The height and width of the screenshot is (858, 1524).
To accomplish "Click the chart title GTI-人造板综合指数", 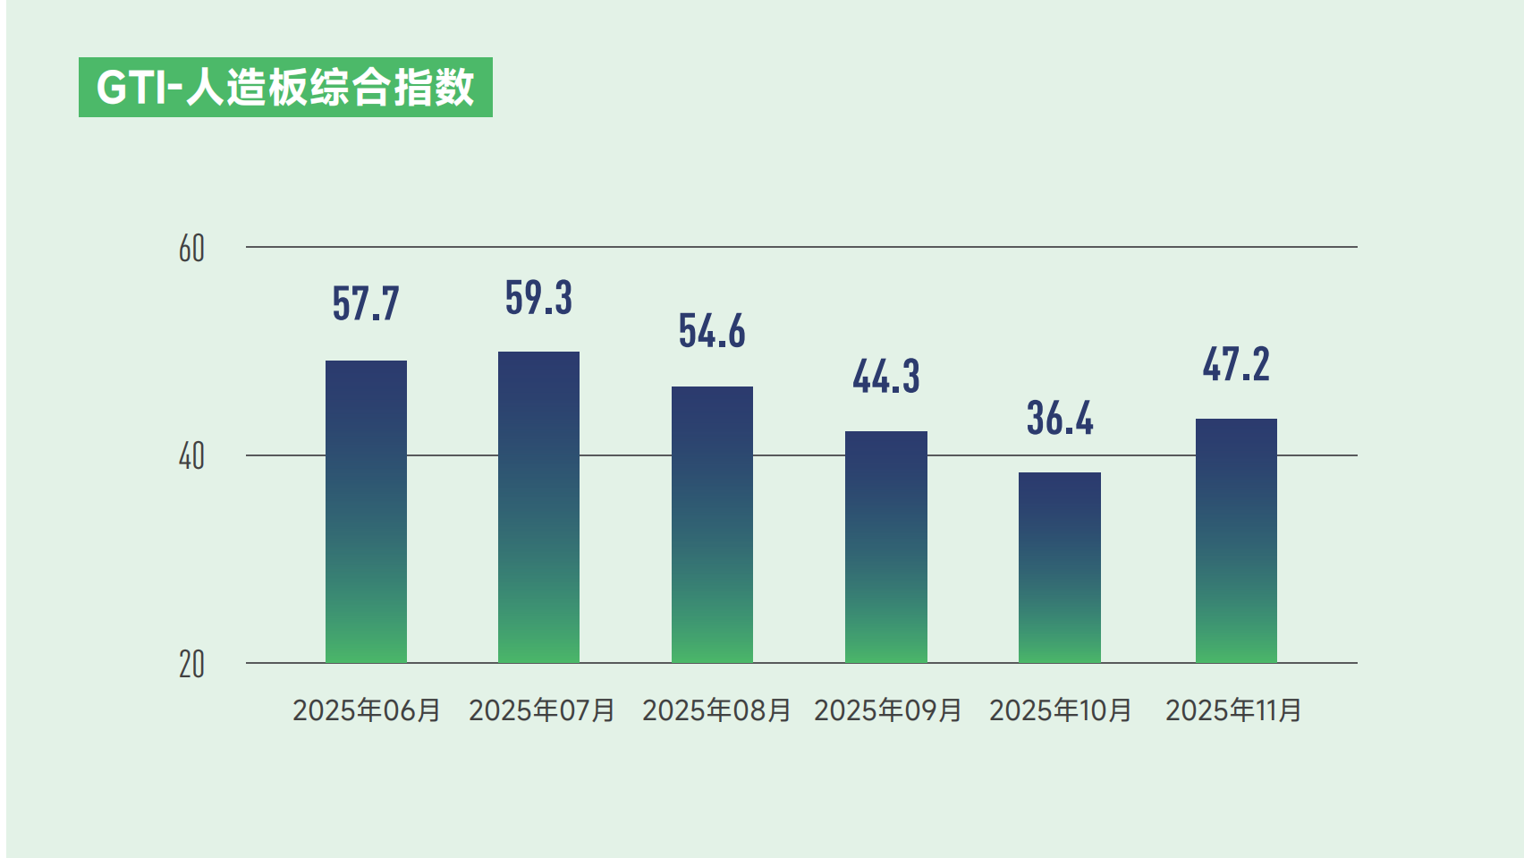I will pos(285,88).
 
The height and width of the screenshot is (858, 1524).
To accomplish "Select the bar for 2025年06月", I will pos(366,512).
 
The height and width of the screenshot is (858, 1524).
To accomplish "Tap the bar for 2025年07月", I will pos(538,507).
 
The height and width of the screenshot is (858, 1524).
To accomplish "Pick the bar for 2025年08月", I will pos(712,524).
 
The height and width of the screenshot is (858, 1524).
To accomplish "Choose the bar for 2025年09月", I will pos(885,547).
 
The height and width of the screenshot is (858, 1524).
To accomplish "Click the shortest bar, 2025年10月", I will pos(1059,567).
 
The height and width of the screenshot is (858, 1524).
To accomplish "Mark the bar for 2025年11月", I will pos(1236,540).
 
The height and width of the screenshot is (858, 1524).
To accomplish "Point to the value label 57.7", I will pos(366,303).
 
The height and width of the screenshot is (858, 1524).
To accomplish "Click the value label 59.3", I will pos(538,298).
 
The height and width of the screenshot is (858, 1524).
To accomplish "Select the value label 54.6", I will pos(712,331).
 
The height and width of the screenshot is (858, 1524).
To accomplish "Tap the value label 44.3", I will pos(885,377).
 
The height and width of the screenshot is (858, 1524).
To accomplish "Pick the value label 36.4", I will pos(1059,418).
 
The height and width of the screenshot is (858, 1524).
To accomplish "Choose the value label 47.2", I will pos(1236,365).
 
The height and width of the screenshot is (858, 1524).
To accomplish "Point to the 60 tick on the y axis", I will pos(191,249).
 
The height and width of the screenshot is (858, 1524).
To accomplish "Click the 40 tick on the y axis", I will pos(191,456).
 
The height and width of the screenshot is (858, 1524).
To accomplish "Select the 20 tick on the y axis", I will pos(191,665).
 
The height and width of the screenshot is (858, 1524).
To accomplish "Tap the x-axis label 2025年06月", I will pos(367,710).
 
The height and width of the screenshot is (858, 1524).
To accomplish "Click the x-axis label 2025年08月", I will pos(716,710).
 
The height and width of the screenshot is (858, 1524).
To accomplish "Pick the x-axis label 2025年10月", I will pos(1061,710).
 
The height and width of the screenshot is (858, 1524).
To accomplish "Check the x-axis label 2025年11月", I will pos(1233,710).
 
